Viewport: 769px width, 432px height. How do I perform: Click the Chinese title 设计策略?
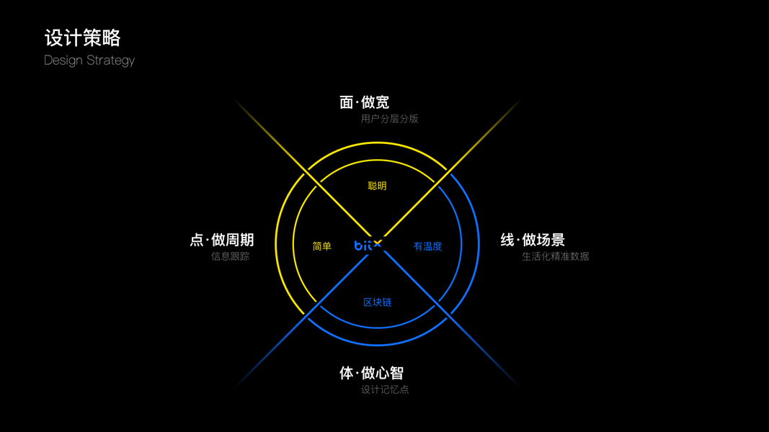(82, 37)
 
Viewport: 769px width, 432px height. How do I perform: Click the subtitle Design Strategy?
(89, 60)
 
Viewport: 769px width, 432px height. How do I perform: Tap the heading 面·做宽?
(365, 102)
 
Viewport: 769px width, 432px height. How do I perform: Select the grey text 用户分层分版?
(389, 119)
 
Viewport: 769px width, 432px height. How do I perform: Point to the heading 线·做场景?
(533, 240)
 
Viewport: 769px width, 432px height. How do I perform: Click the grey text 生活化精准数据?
(555, 256)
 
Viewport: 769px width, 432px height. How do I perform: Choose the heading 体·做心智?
(371, 373)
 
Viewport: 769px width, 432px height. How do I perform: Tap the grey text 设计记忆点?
(385, 390)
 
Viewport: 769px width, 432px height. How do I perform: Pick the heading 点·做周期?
(222, 240)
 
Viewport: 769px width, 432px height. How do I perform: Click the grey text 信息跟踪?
(230, 256)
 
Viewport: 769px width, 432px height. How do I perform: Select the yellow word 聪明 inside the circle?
(377, 186)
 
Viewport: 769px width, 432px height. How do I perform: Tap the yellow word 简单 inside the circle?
(322, 246)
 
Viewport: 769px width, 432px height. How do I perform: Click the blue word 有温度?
(427, 246)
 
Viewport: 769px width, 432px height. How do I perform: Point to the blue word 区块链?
(377, 302)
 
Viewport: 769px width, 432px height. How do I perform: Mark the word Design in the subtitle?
(63, 60)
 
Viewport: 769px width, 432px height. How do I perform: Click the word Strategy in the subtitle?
(110, 60)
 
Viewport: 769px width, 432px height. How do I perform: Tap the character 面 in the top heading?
(347, 102)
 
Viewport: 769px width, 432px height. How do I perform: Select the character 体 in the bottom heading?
(347, 373)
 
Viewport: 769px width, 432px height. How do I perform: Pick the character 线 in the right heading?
(507, 240)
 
